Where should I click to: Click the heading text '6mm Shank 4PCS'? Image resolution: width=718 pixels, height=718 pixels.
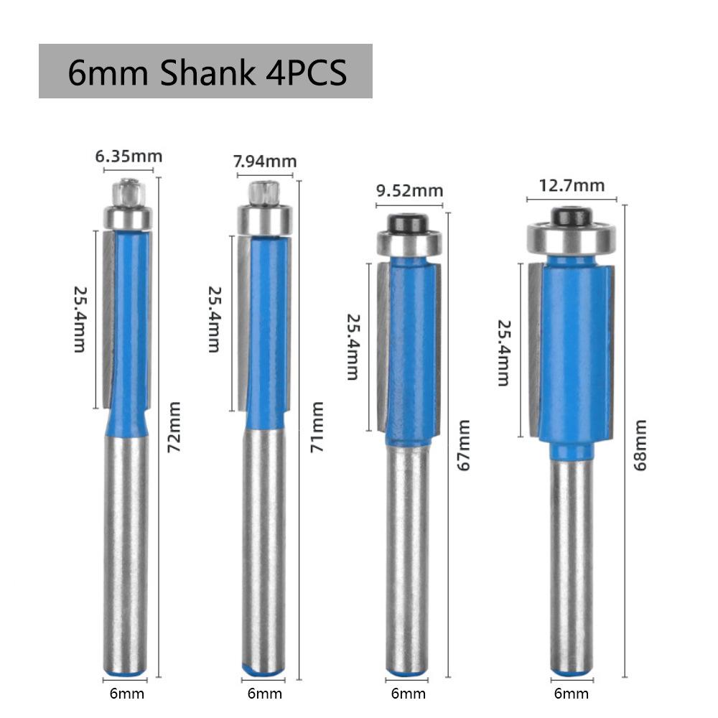(207, 73)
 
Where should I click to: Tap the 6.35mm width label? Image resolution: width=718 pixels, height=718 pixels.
(129, 156)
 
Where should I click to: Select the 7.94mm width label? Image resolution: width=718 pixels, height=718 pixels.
(265, 162)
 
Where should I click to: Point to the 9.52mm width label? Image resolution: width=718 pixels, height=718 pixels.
(409, 191)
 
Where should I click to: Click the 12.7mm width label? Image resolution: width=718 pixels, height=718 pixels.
(572, 185)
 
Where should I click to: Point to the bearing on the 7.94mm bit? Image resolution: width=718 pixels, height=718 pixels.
(264, 218)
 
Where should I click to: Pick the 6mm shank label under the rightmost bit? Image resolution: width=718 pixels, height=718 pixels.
(572, 693)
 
